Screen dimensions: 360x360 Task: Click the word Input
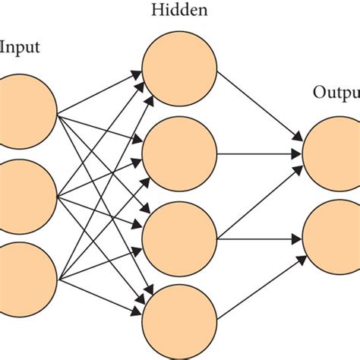click(x=20, y=48)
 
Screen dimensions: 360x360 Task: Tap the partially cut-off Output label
click(x=336, y=93)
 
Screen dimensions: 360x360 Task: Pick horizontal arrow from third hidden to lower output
click(x=258, y=237)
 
